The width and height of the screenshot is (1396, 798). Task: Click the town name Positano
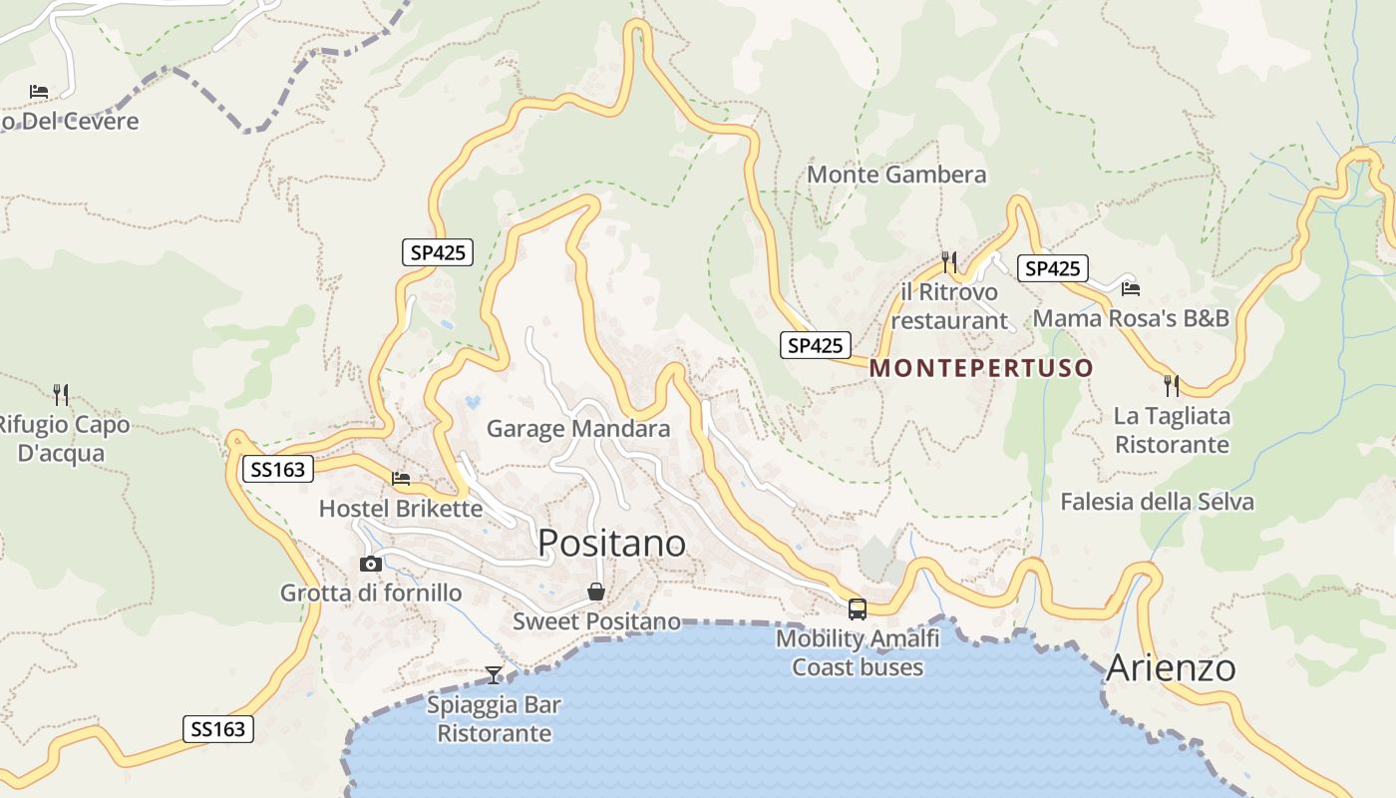[x=611, y=544]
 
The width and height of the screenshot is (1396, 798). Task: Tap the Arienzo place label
[x=1171, y=667]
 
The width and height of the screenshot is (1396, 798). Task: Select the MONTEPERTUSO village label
[x=981, y=368]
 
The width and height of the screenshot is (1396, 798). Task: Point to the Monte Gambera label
[x=896, y=175]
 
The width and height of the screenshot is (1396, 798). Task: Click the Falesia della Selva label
[x=1157, y=501]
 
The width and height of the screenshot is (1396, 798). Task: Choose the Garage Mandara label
[x=578, y=429]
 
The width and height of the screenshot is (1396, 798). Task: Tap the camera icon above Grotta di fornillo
[x=371, y=564]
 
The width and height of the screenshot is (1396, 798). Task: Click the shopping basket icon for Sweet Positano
[x=596, y=592]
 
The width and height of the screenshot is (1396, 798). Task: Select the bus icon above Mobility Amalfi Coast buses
[x=857, y=608]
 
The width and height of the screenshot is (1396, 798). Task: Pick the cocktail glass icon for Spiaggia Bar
[x=494, y=675]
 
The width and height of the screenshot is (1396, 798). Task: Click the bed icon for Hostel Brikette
[x=401, y=479]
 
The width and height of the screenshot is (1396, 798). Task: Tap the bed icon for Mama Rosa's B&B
[x=1130, y=289]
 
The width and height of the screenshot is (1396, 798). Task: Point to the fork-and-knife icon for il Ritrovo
[x=948, y=262]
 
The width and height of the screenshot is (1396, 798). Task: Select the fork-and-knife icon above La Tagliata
[x=1172, y=385]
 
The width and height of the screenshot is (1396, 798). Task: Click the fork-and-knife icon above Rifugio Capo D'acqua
[x=61, y=394]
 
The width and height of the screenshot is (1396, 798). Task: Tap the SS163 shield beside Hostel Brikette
[x=278, y=469]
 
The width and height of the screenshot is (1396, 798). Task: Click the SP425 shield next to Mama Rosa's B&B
[x=1052, y=268]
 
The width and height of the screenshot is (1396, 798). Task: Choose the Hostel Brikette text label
[x=401, y=509]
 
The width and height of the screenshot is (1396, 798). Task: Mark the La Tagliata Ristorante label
[x=1172, y=430]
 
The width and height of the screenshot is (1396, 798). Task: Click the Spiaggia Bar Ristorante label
[x=494, y=719]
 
